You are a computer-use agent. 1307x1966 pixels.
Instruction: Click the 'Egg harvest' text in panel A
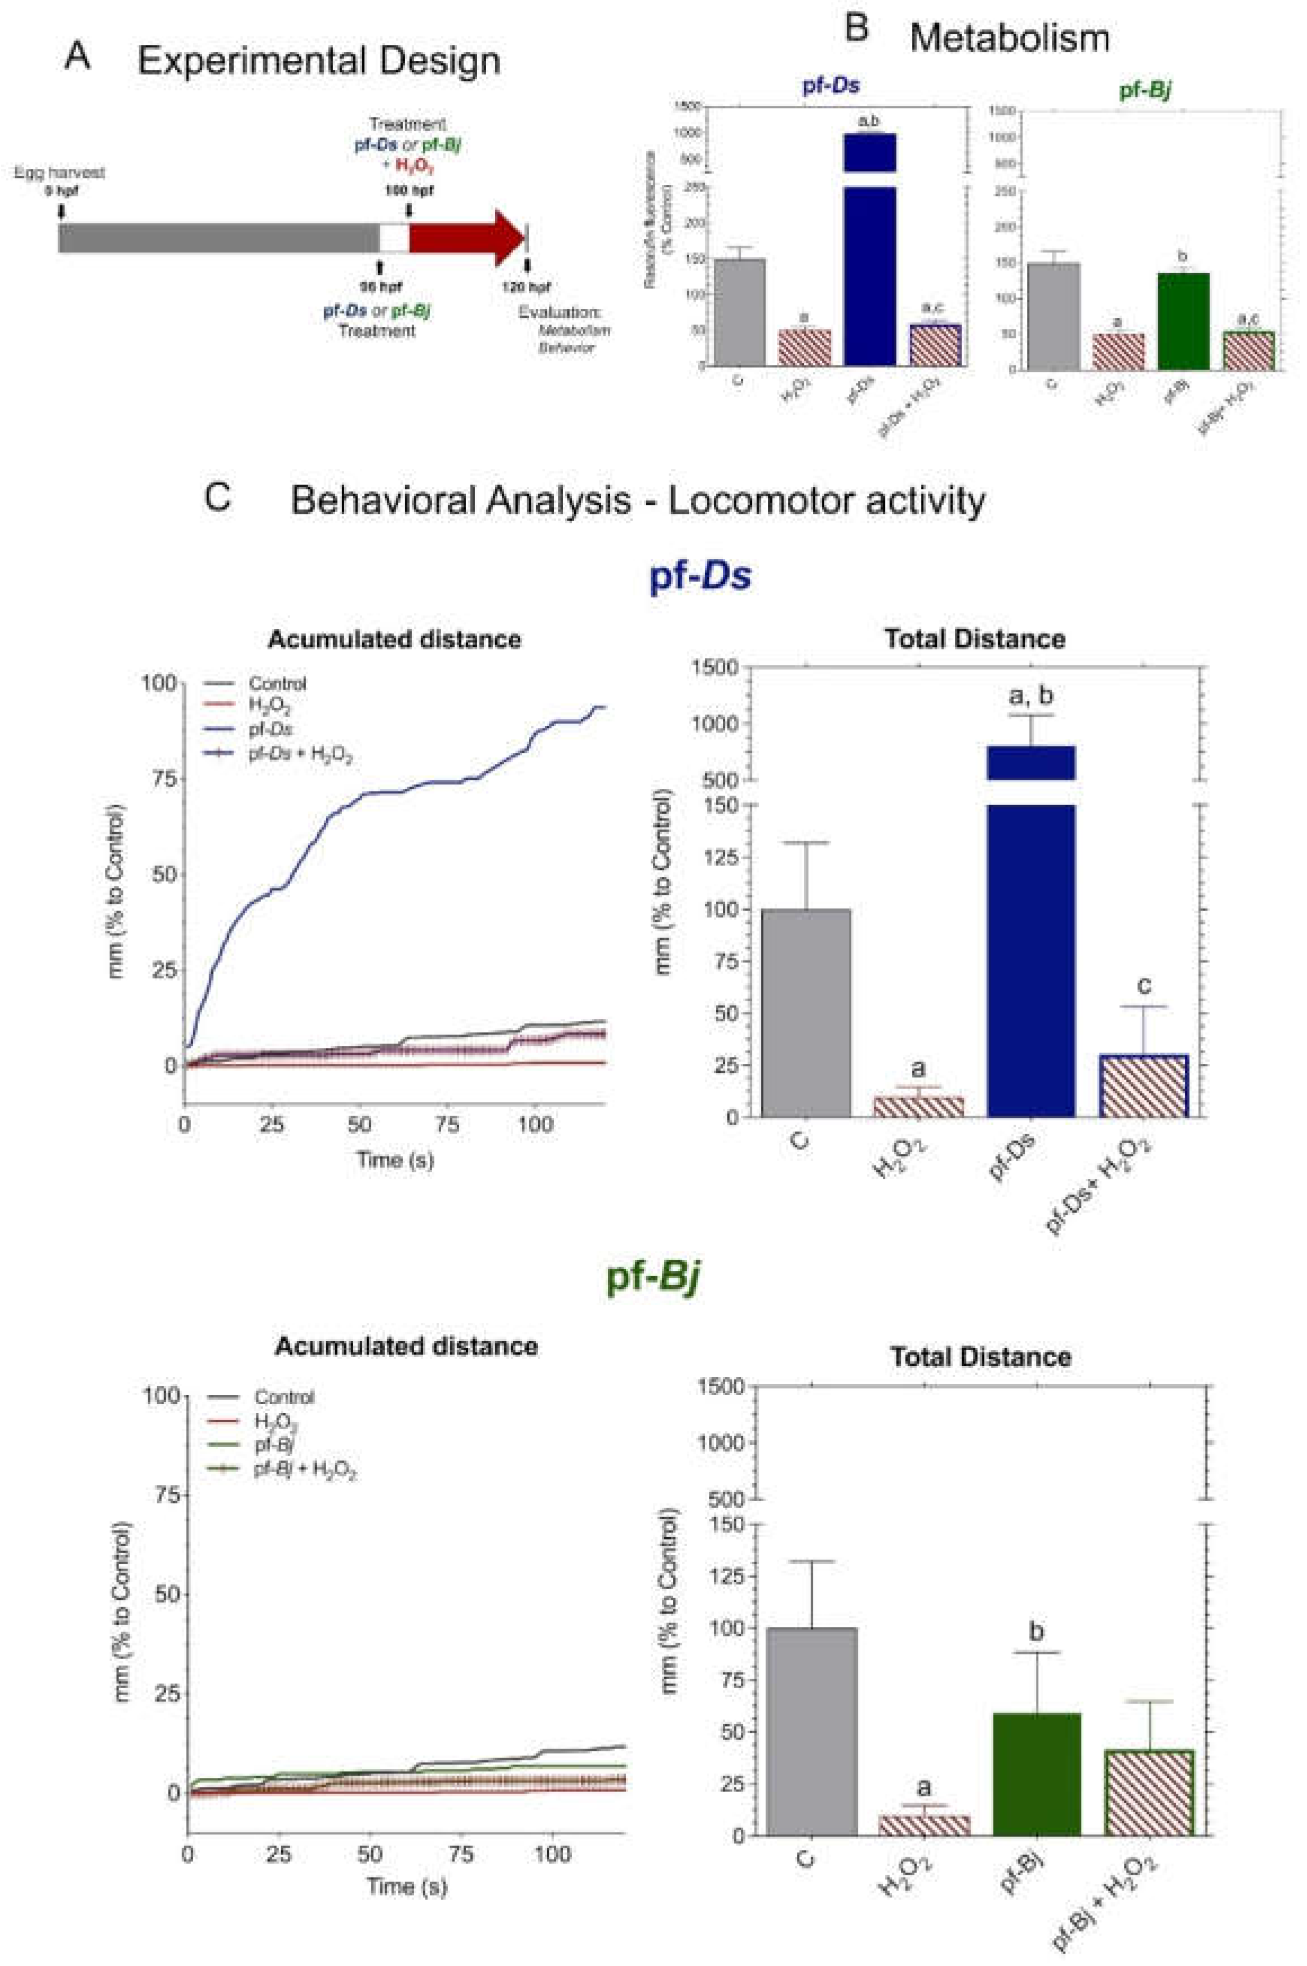tap(59, 174)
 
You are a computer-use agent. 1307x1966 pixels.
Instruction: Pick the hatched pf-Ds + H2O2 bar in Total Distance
tap(1144, 1085)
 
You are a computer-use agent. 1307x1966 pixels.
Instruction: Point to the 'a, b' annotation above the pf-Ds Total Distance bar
tap(1032, 695)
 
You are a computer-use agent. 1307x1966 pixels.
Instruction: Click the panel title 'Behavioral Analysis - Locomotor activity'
tap(638, 501)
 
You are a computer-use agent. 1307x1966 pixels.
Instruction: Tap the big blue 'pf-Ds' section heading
tap(700, 577)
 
